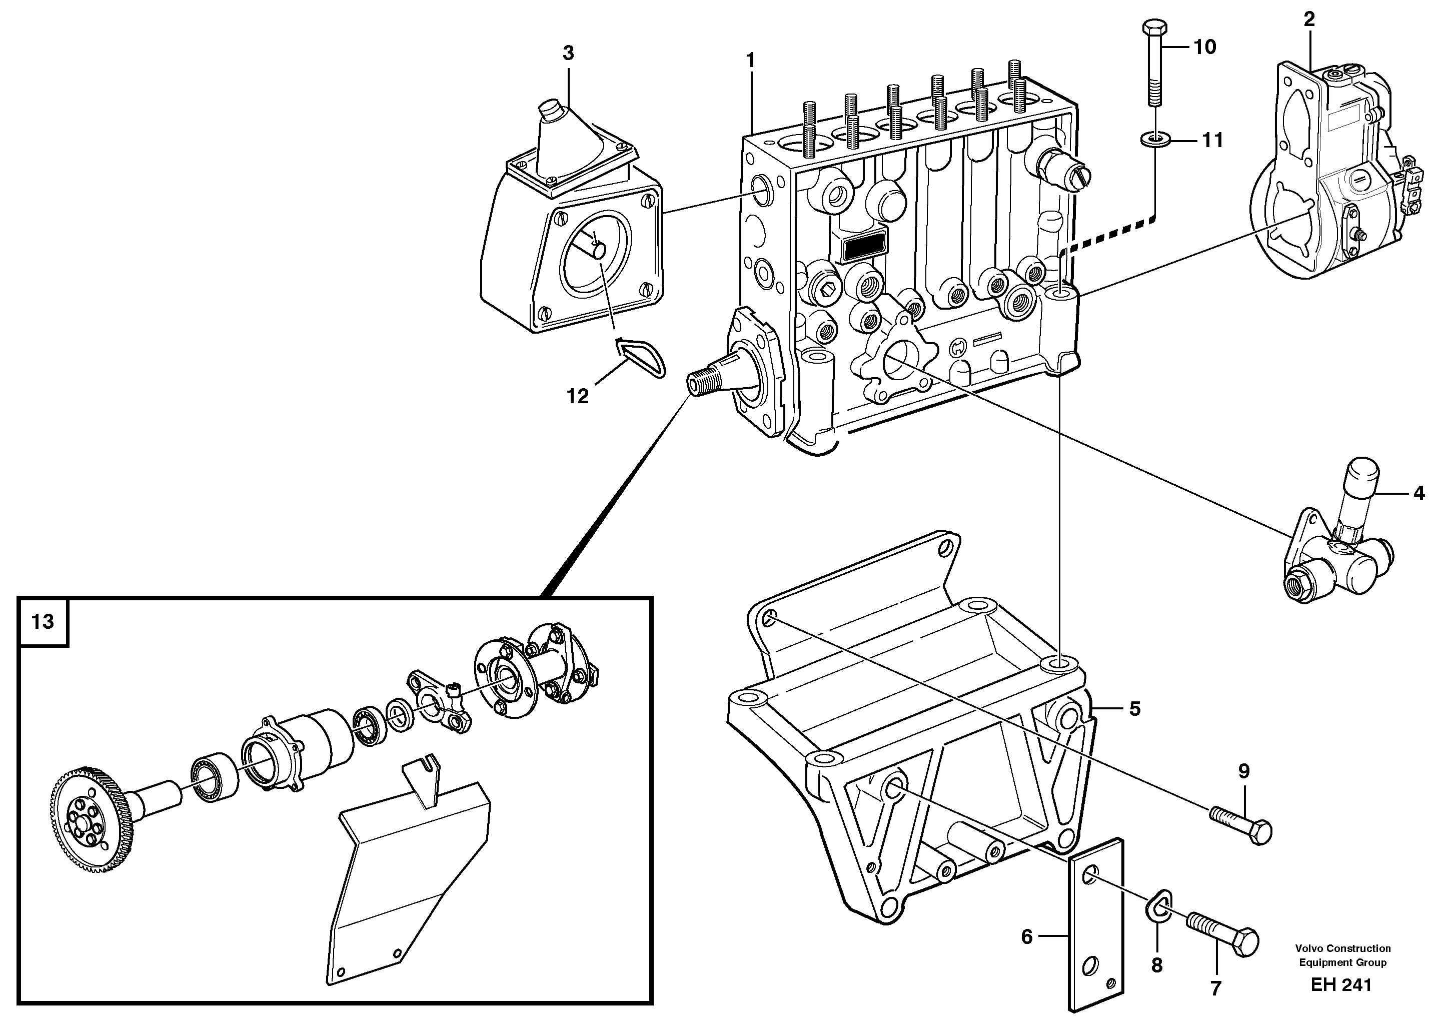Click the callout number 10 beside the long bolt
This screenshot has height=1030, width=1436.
click(1204, 47)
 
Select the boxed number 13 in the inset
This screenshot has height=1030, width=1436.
click(43, 622)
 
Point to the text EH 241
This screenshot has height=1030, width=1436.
click(1341, 985)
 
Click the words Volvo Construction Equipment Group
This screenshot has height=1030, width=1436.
click(1343, 955)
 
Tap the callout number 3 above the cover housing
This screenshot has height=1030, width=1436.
click(568, 53)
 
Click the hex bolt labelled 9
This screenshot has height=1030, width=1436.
click(1241, 825)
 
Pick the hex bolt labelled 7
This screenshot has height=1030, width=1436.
click(1222, 944)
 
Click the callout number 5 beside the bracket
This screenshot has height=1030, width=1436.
click(1134, 709)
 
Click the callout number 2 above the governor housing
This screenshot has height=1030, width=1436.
click(1309, 20)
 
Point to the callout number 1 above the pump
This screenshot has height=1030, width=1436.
click(750, 61)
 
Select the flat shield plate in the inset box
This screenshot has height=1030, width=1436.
click(405, 886)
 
